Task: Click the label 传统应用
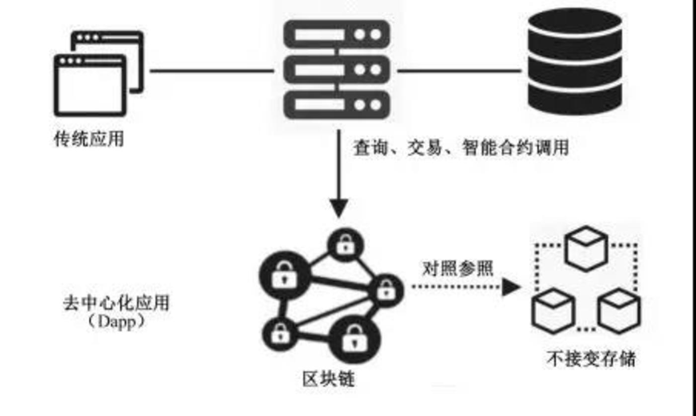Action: click(x=88, y=139)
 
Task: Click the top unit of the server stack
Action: click(x=337, y=34)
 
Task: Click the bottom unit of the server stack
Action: click(x=337, y=105)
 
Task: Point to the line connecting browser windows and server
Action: click(x=211, y=71)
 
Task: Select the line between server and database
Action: click(x=458, y=71)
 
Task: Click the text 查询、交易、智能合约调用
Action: click(x=460, y=148)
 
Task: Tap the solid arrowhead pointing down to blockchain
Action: click(x=339, y=207)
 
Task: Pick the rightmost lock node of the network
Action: click(x=386, y=290)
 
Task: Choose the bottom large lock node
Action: click(x=354, y=340)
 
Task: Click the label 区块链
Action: click(x=329, y=380)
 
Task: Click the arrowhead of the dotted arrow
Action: click(x=511, y=287)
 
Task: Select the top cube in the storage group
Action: click(x=587, y=248)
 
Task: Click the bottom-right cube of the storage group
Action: click(x=619, y=311)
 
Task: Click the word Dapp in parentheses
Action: click(x=115, y=321)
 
